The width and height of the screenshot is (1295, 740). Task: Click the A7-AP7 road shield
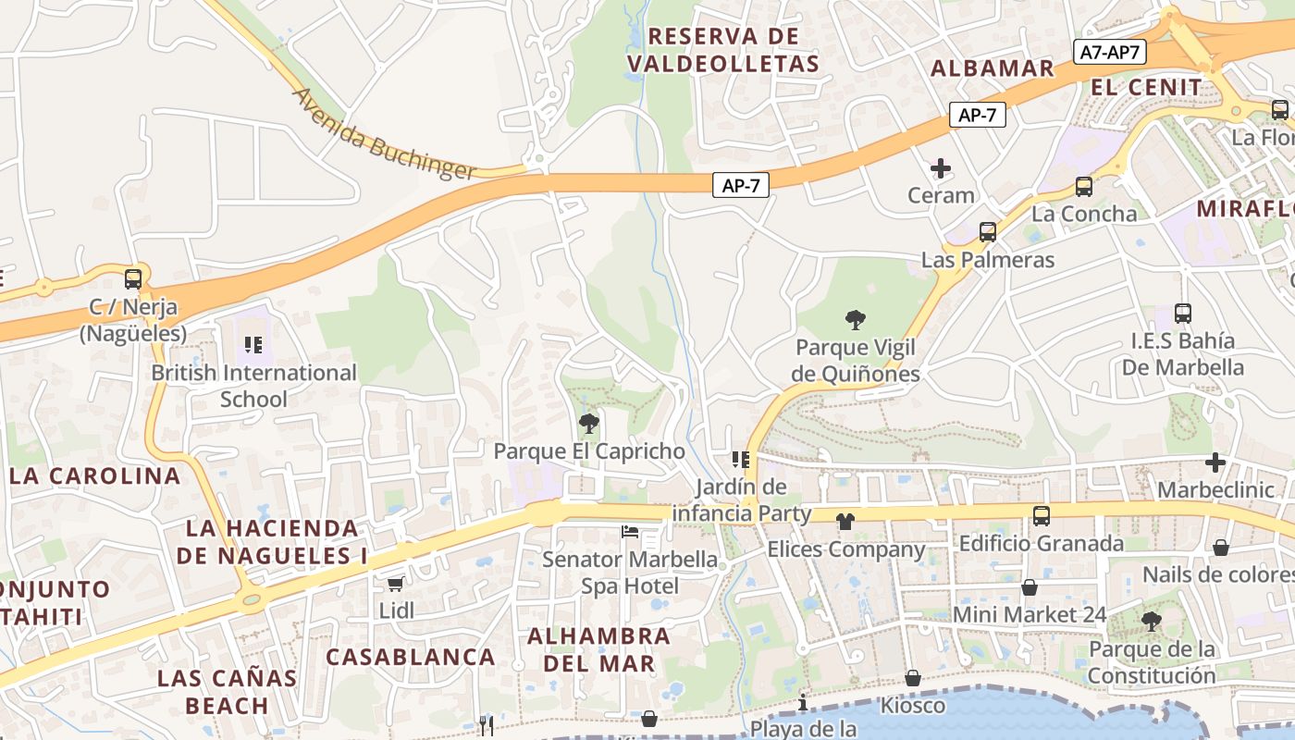[1110, 53]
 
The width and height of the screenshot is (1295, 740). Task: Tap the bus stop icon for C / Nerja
[133, 278]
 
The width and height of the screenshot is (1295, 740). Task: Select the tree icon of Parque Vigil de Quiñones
[856, 321]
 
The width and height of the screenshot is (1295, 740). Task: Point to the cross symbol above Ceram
[941, 168]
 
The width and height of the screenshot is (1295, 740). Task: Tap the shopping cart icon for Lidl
[396, 584]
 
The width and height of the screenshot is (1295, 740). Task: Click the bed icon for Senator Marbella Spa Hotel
[630, 532]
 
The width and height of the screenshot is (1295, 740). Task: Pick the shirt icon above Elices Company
[845, 522]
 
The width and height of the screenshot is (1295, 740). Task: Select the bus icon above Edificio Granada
[1042, 516]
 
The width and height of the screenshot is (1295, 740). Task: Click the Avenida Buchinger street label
[384, 135]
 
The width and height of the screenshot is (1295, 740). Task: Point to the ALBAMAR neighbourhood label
[993, 68]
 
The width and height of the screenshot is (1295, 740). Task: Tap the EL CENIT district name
[1147, 88]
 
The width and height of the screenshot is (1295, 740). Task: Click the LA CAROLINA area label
[95, 476]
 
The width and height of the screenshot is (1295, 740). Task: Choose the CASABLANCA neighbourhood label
[411, 658]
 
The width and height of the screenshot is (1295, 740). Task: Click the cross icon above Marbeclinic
[1215, 462]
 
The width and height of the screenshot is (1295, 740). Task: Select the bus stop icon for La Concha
[1084, 187]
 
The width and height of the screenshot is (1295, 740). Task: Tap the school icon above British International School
[253, 346]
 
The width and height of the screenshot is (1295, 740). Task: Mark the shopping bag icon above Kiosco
[913, 679]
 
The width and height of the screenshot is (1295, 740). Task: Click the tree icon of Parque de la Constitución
[1152, 622]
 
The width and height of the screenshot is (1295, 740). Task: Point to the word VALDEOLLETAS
[722, 64]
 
